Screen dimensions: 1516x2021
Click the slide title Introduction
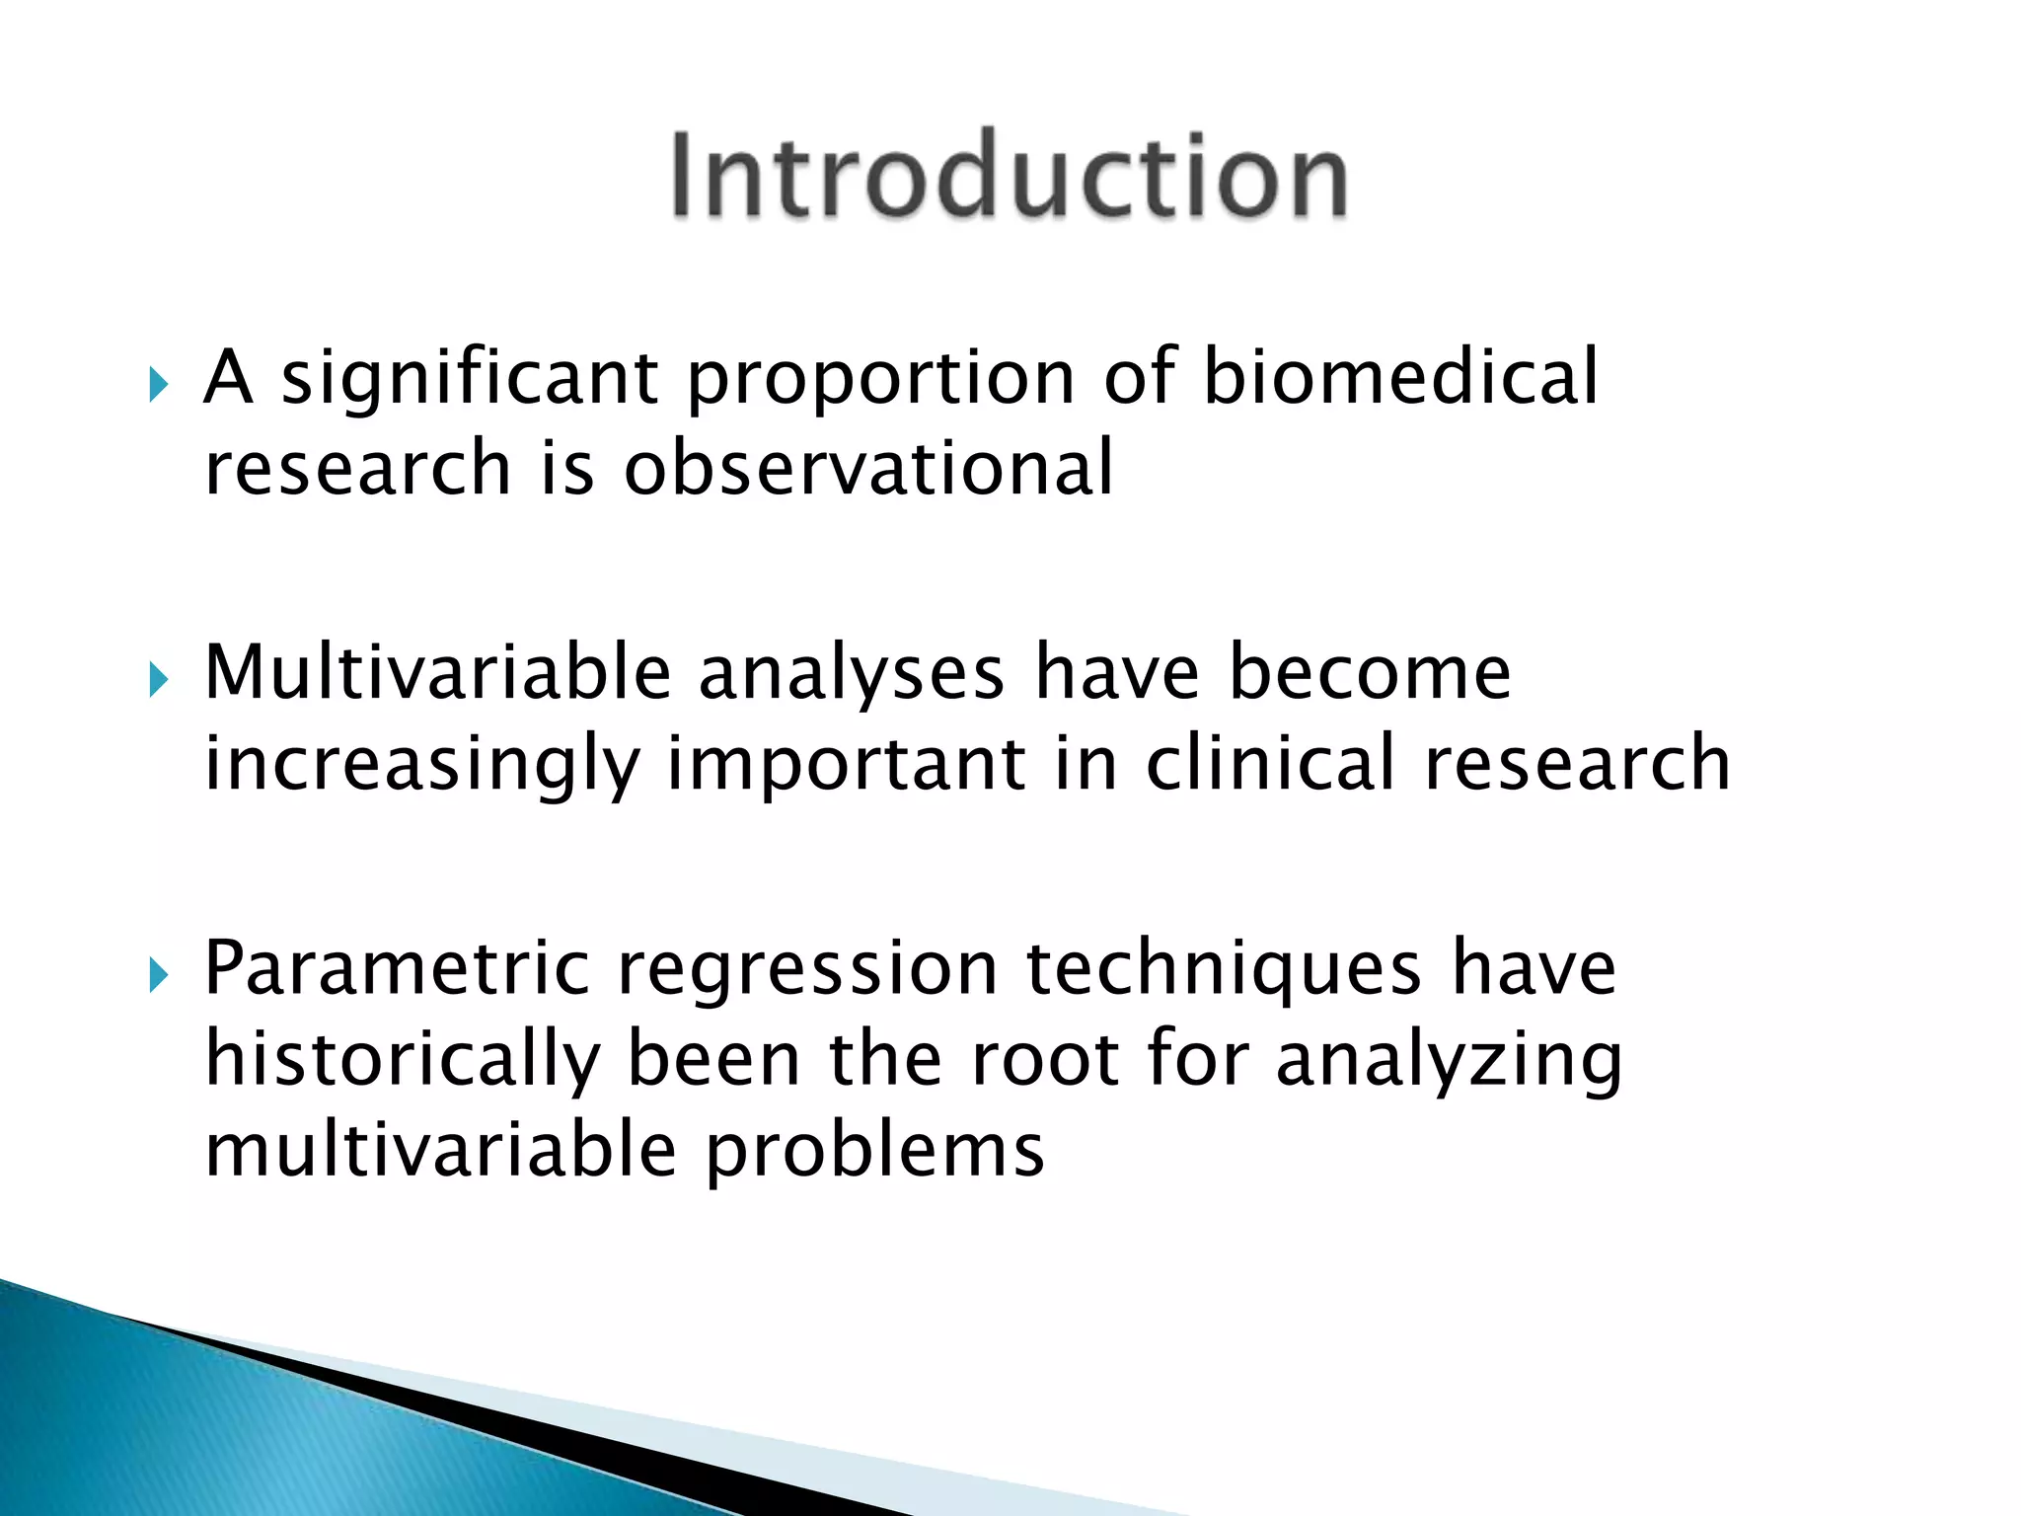1009,176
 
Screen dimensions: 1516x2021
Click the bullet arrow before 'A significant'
158,384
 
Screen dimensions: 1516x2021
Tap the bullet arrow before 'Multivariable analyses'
158,679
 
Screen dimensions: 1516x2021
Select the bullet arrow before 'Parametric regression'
158,975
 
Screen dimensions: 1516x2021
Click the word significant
470,380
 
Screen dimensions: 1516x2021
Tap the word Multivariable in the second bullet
437,672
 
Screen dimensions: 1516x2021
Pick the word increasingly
421,766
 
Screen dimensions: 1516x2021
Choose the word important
847,766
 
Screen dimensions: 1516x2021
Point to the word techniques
1224,971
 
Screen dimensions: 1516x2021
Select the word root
1044,1060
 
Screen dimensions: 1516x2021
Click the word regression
807,971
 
